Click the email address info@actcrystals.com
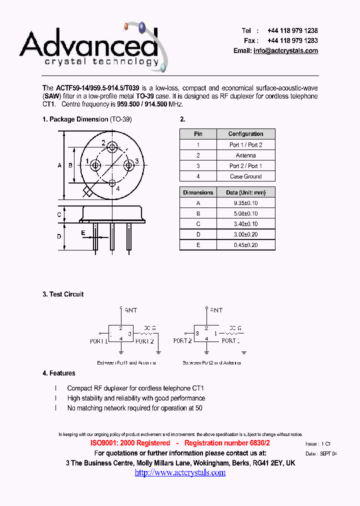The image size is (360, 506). coord(285,51)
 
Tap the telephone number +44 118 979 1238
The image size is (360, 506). coord(292,30)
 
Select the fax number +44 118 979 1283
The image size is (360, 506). coord(292,40)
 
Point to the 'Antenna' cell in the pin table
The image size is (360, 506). coord(245,155)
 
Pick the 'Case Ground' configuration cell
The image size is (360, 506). coord(245,176)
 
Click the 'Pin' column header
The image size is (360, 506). coord(198,134)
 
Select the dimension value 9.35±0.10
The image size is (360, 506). coord(245,203)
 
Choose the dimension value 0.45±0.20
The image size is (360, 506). coord(245,245)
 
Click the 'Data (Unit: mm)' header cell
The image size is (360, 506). coord(245,192)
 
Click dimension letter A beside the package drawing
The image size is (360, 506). coord(59,165)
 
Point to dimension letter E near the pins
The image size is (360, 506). coord(83,232)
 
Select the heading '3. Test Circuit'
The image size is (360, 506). coord(63,294)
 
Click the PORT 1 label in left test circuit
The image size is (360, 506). coord(99,341)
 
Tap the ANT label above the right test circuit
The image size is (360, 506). coord(216,310)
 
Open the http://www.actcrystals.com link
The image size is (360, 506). coord(180,472)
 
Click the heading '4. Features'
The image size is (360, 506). coord(59,373)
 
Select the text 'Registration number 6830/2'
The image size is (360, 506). coord(227,443)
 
